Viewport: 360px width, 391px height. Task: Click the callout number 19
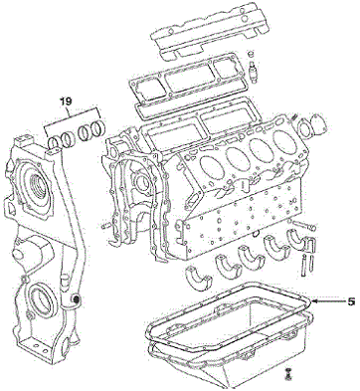click(66, 101)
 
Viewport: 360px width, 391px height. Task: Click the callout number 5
click(352, 301)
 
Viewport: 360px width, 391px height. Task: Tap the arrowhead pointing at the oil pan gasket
click(315, 301)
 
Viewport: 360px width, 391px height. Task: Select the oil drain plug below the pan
click(288, 373)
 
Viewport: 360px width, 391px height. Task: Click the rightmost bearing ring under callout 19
click(98, 126)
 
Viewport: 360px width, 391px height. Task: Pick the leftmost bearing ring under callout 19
click(53, 143)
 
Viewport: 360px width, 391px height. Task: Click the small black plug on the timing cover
click(77, 299)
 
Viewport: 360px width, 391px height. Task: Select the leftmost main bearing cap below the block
click(198, 279)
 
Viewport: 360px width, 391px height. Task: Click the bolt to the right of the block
click(304, 226)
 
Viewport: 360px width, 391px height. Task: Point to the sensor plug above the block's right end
click(253, 67)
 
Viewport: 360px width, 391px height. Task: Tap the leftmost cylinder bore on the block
click(212, 166)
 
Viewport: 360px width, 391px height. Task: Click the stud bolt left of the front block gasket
click(106, 226)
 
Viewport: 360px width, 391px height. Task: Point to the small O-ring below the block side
click(256, 235)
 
